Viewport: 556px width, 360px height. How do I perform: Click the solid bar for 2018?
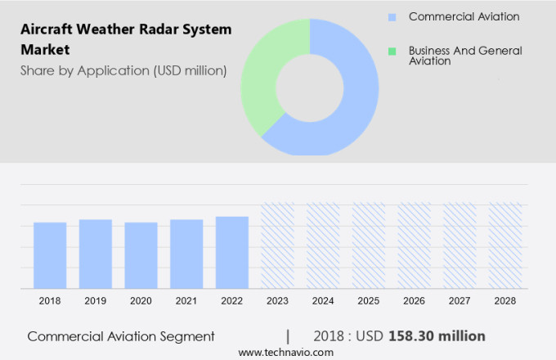(50, 254)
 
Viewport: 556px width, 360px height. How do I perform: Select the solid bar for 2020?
(141, 254)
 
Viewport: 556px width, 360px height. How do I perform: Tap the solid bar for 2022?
(232, 252)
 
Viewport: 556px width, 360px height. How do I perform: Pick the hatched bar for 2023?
(277, 245)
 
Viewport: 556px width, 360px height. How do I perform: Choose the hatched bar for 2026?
(414, 245)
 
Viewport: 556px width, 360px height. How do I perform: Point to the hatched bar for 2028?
(505, 245)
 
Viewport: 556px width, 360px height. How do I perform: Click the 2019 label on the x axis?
(95, 301)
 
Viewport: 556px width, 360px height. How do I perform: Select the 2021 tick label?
(186, 301)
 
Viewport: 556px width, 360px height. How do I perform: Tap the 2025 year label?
(369, 301)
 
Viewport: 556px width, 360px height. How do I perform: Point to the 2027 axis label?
(460, 301)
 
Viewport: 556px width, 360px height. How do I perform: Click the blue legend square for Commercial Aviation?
(392, 17)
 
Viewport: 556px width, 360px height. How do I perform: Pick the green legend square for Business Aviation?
(392, 51)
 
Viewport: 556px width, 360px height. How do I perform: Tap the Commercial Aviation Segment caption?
(120, 336)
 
